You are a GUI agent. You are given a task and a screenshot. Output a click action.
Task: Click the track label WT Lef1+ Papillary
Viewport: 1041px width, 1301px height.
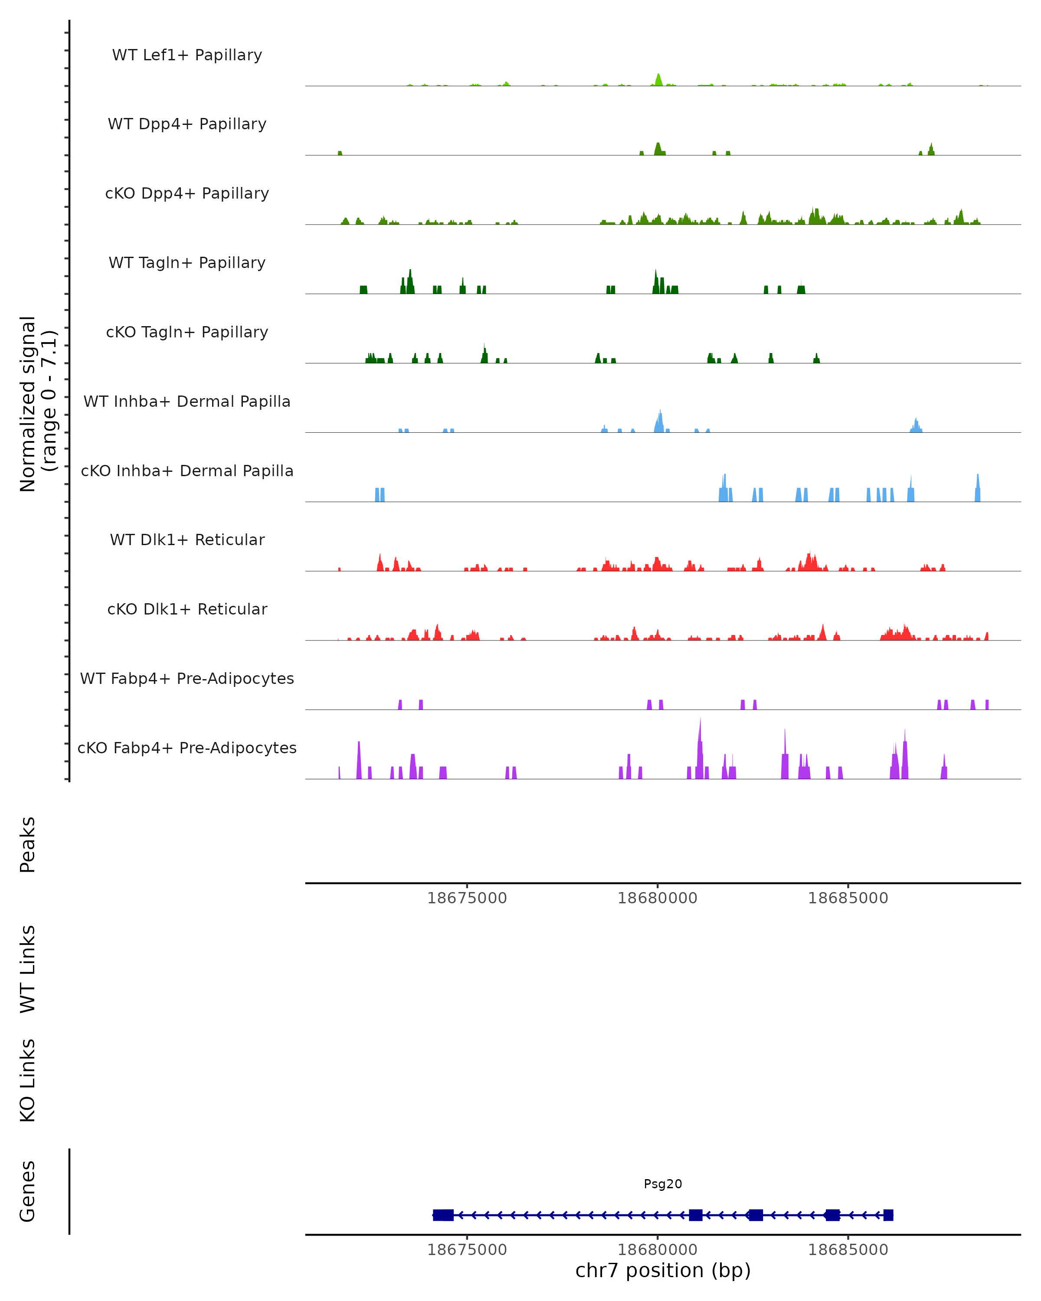pos(187,55)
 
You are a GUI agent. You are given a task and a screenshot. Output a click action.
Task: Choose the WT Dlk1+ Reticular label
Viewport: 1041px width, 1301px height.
pos(187,539)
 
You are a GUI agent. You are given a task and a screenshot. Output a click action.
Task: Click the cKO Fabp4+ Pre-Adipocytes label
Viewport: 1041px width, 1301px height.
pos(187,748)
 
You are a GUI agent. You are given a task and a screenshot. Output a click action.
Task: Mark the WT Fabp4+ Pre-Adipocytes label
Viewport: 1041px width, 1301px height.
pos(187,678)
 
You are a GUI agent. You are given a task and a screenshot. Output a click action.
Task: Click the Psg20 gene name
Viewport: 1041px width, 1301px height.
pos(663,1184)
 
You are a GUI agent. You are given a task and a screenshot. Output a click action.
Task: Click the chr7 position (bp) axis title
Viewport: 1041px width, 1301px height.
pos(663,1270)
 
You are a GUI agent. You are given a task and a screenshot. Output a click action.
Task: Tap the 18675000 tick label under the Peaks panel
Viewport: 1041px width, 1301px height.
pos(467,898)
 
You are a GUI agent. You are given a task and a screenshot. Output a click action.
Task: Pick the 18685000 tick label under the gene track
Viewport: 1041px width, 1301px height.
pos(848,1250)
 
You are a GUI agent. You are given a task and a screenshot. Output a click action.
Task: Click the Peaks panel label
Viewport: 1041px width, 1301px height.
pos(28,844)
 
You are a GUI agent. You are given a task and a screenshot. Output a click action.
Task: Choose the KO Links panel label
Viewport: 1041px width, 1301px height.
pos(28,1080)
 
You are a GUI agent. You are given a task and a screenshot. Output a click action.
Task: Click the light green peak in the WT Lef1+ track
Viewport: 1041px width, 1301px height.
pos(658,80)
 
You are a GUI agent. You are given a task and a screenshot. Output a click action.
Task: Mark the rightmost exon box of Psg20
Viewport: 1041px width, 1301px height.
pos(888,1215)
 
